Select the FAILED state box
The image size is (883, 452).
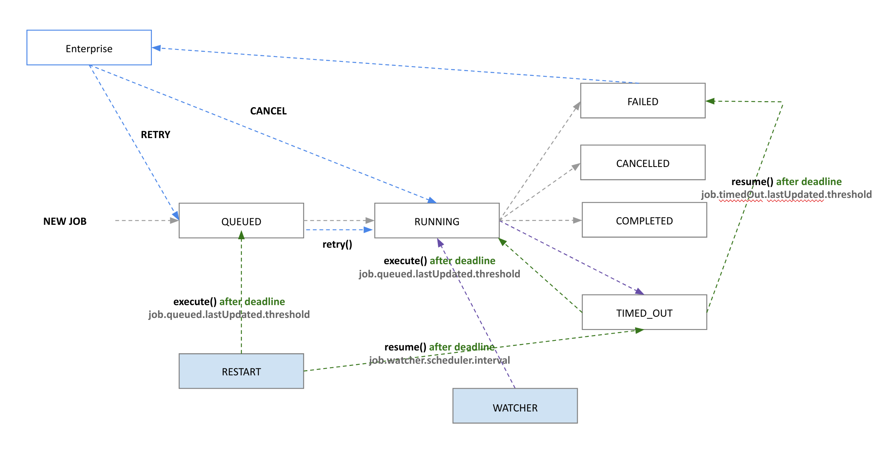(642, 101)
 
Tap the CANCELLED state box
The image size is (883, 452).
(642, 163)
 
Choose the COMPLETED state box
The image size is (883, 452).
(644, 220)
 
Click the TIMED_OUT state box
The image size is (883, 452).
(644, 312)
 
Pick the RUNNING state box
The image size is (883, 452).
(437, 221)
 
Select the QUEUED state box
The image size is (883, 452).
(241, 221)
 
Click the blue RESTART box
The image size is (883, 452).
(241, 371)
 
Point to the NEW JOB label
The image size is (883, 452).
(65, 221)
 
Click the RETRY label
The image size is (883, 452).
(155, 134)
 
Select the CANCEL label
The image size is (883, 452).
(268, 111)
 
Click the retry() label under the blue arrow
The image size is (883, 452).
(337, 244)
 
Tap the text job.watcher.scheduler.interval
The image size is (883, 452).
(439, 360)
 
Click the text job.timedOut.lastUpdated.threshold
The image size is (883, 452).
(786, 195)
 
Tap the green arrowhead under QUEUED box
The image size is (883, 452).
(241, 236)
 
